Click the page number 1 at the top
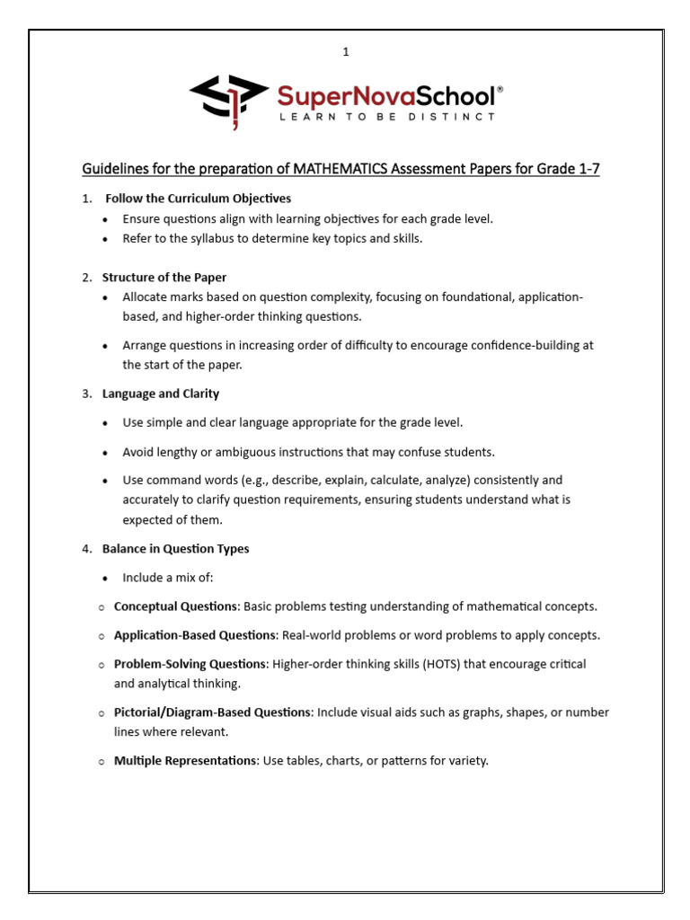coord(345,53)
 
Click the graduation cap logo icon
coord(228,98)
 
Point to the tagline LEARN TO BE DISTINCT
coord(386,117)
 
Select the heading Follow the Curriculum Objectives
coord(198,199)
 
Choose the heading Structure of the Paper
coord(164,278)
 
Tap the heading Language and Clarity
coord(161,394)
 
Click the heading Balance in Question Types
coord(176,549)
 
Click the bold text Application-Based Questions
coord(194,635)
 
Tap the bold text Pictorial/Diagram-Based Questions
coord(212,712)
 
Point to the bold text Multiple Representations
coord(185,760)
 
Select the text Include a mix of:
coord(168,578)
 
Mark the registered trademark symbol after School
coord(500,90)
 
